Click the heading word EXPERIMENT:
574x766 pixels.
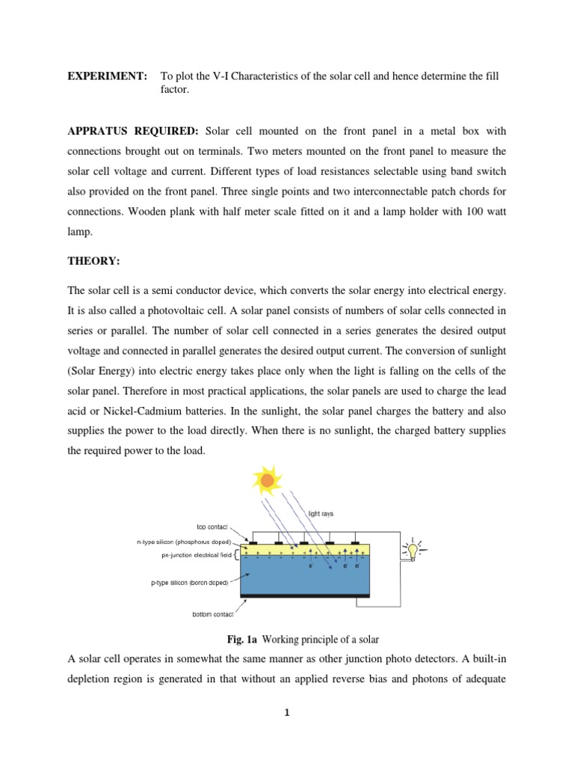point(102,77)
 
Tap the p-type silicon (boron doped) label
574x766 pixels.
point(190,580)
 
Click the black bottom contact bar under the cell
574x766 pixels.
point(304,595)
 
